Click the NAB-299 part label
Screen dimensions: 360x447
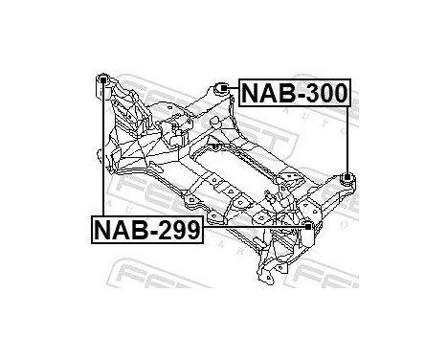pyautogui.click(x=146, y=230)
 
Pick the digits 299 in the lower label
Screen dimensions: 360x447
pyautogui.click(x=176, y=230)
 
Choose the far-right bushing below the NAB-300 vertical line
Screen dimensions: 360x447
pyautogui.click(x=346, y=178)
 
